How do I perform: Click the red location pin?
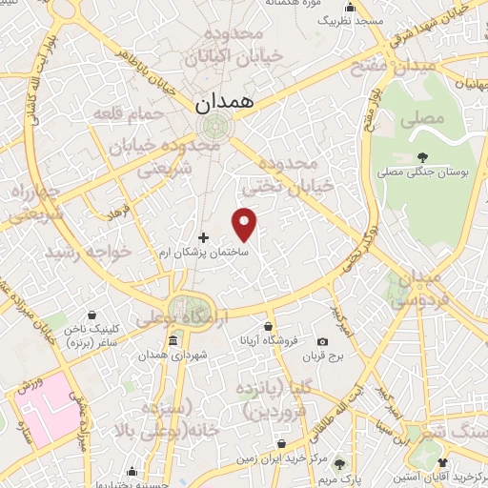coord(245,223)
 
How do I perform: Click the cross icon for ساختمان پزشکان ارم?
coord(202,237)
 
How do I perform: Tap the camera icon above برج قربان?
coord(322,342)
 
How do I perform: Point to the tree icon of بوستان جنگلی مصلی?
coord(422,157)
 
